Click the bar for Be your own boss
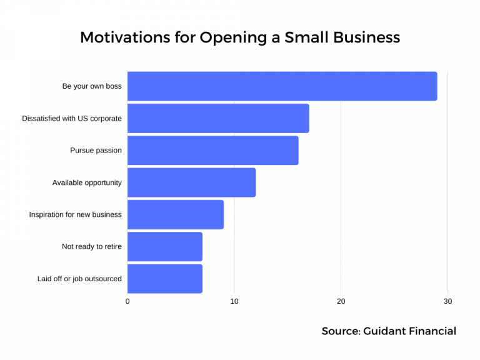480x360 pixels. [282, 86]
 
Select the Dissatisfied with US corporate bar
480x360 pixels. [218, 118]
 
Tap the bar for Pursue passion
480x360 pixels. [212, 151]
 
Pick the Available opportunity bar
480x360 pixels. [191, 182]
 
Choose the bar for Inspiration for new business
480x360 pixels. [176, 214]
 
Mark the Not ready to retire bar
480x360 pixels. [165, 247]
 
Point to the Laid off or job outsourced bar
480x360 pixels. [165, 279]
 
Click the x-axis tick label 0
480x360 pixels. [127, 301]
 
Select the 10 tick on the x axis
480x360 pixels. [234, 301]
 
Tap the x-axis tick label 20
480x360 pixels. [341, 301]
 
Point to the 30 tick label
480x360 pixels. [447, 301]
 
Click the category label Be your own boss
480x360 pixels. [92, 86]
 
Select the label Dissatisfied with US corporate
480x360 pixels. [72, 118]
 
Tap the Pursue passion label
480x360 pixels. [96, 151]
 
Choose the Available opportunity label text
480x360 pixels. [87, 182]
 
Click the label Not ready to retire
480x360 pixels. [92, 247]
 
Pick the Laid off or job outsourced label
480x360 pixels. [79, 279]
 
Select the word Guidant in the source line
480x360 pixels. [384, 331]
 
